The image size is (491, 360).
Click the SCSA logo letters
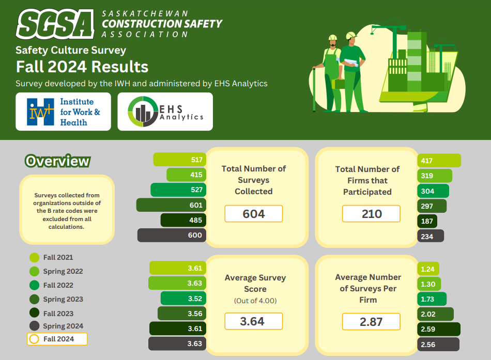[55, 24]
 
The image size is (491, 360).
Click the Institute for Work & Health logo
[63, 112]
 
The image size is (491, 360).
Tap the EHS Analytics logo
[165, 112]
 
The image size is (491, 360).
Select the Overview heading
[57, 161]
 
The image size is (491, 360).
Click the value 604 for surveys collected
[253, 214]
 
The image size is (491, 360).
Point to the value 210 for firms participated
[371, 214]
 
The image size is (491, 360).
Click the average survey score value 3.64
[253, 321]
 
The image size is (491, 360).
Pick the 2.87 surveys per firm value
[371, 321]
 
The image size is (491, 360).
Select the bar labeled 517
[179, 160]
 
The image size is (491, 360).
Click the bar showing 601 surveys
[171, 205]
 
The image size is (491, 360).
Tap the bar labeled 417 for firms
[439, 161]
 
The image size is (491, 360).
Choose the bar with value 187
[427, 222]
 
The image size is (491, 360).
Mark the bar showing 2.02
[435, 314]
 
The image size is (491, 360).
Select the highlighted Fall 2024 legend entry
[57, 339]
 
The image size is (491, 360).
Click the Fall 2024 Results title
[82, 67]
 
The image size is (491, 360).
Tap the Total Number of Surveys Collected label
[253, 180]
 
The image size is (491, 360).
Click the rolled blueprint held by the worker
[352, 61]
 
